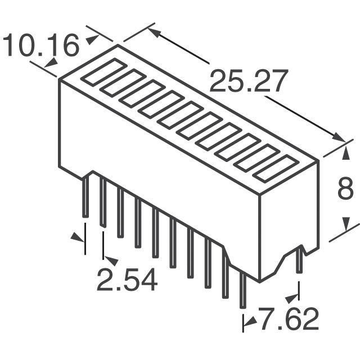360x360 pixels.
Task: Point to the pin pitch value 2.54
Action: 127,280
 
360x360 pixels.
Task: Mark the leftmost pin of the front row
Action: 85,197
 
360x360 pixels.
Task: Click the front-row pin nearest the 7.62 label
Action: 242,290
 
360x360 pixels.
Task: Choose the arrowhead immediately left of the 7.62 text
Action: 249,321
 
